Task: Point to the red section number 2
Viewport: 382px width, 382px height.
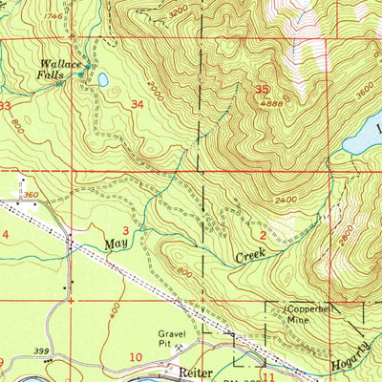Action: [262, 233]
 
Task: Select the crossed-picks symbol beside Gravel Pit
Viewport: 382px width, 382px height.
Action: [202, 337]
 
